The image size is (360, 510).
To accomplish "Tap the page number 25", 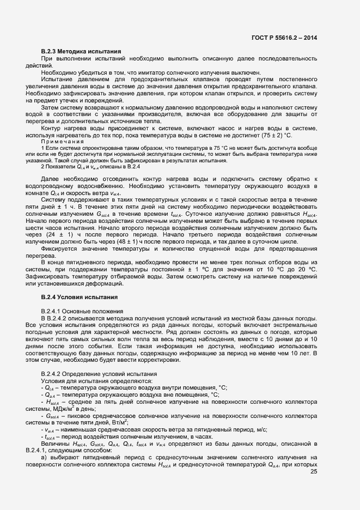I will click(x=314, y=442).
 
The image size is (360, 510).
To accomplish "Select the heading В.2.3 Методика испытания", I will click(x=81, y=51).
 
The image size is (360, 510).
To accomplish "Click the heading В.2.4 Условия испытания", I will click(x=81, y=297).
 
